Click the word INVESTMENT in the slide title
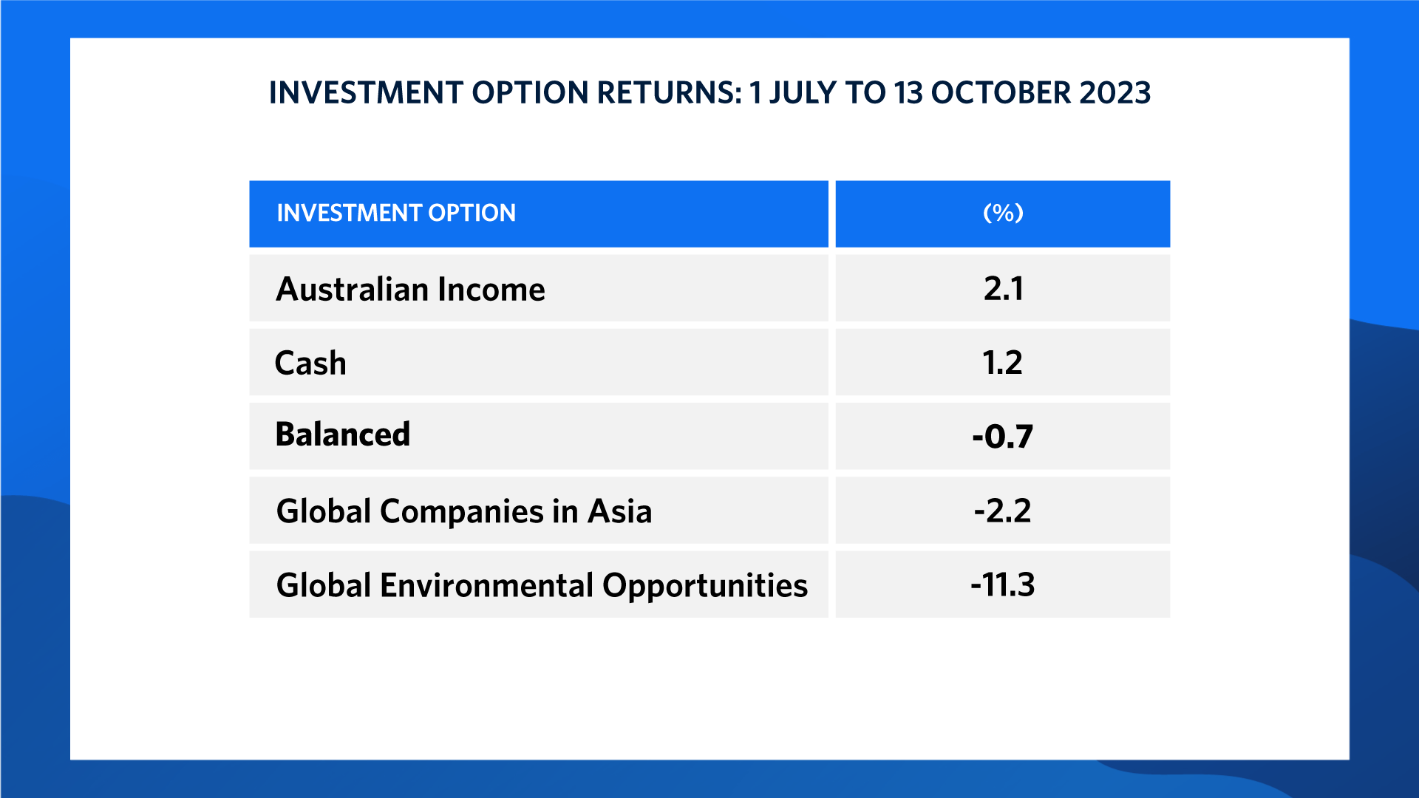coord(366,93)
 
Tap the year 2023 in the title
coord(1115,93)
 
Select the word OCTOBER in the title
coord(1000,93)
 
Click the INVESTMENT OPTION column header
coord(396,213)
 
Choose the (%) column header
coord(1003,213)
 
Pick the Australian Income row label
coord(410,289)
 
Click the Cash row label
coord(310,363)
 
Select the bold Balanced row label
coord(342,434)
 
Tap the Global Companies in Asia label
coord(464,511)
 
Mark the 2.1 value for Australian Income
coord(1004,288)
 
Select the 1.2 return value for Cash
coord(1003,363)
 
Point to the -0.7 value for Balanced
coord(1003,437)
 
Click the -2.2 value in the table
coord(1003,511)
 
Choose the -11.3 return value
coord(1003,584)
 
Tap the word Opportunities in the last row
coord(705,586)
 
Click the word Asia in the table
coord(620,511)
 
